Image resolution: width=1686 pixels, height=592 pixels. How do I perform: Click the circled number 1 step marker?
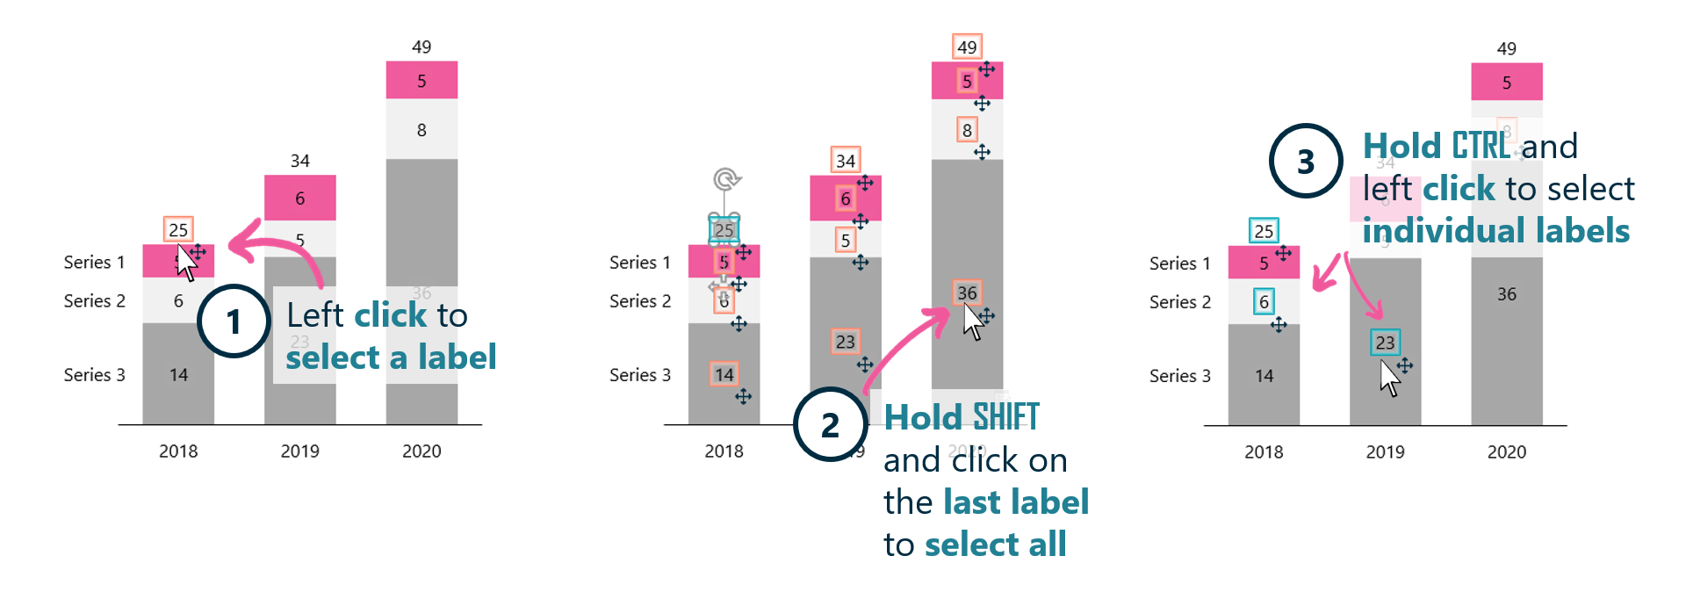coord(234,321)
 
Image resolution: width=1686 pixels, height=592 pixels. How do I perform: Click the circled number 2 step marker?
coord(830,425)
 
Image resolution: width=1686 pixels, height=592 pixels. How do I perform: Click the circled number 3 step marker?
coord(1306,161)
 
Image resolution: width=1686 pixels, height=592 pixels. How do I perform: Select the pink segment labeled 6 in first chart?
coord(299,198)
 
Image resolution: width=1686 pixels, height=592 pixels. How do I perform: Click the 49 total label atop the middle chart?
coord(967,47)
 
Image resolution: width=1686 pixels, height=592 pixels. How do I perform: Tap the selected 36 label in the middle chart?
coord(967,292)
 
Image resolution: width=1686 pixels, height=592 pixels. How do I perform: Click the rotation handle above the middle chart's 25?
coord(725,180)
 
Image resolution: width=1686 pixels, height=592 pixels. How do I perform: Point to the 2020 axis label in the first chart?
coord(421,451)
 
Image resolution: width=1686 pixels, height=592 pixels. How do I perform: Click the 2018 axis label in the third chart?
coord(1264,451)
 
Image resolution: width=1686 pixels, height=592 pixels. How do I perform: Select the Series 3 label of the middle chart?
coord(640,375)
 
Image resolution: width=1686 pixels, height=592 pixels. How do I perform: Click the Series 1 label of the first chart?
coord(94,262)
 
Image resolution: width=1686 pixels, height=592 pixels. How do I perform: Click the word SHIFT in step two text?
coord(1005,416)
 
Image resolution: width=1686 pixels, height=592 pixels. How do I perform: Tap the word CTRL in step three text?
coord(1481,146)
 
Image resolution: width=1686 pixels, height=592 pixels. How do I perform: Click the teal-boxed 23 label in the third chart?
coord(1385,343)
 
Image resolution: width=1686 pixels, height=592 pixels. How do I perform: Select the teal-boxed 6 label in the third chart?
coord(1264,302)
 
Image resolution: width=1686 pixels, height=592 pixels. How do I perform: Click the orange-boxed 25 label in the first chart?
coord(178,229)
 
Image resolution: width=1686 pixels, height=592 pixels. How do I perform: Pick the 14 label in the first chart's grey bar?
coord(178,375)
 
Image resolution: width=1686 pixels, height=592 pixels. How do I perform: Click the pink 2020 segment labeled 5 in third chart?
coord(1506,83)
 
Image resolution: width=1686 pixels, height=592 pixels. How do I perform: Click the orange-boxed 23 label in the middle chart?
coord(845,342)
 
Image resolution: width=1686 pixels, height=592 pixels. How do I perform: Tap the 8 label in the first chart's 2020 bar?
coord(421,130)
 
